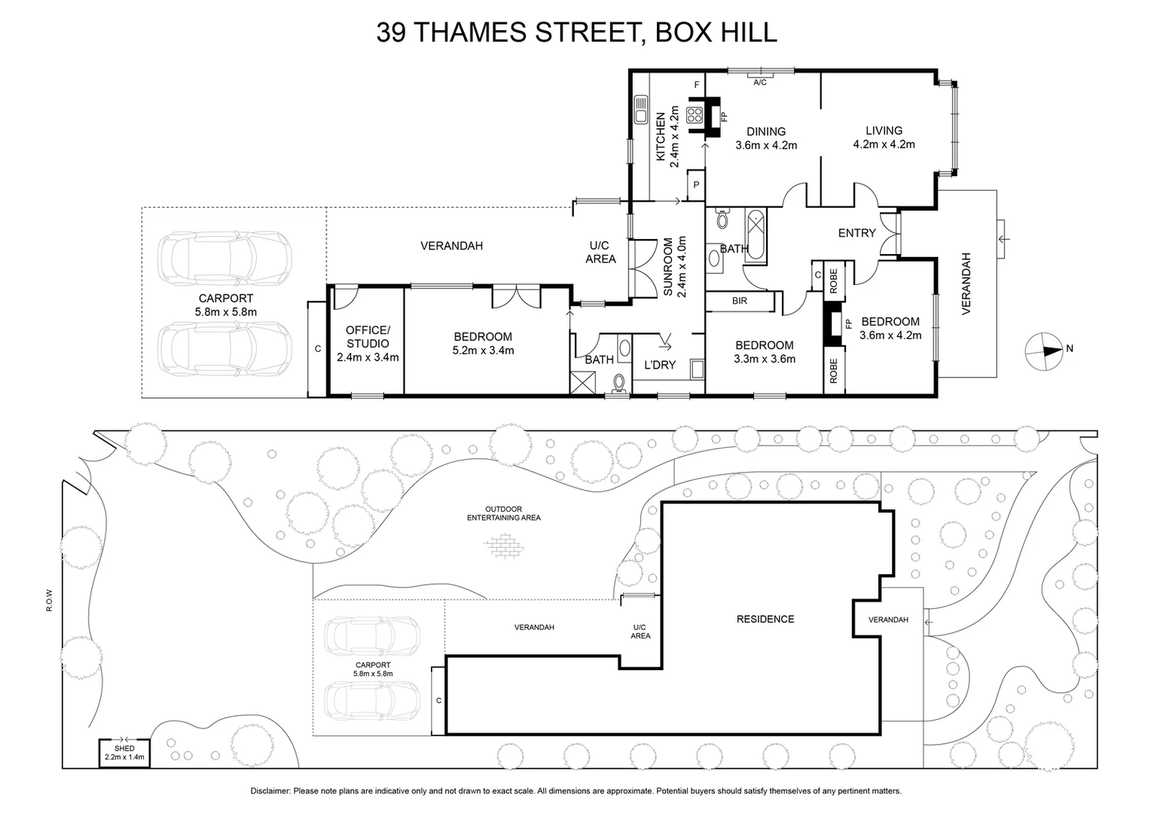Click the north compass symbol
(1044, 350)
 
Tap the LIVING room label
(884, 130)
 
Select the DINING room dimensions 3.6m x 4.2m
(766, 145)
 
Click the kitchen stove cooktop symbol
(694, 116)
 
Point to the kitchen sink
(641, 109)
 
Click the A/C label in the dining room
(760, 82)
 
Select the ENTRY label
(856, 233)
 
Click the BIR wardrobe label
(740, 301)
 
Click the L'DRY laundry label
(660, 365)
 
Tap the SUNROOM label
(667, 268)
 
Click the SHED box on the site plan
(124, 752)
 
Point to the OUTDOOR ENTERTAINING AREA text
(503, 513)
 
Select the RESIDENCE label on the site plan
(765, 619)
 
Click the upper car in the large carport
(224, 259)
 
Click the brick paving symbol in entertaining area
(503, 546)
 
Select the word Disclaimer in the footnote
(270, 791)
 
